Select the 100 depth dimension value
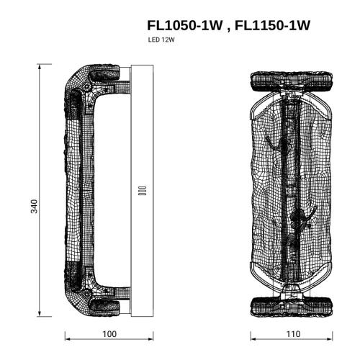tap(109, 334)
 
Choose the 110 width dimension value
tap(293, 334)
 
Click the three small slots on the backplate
tap(141, 191)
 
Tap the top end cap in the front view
tap(292, 82)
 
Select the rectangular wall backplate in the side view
tap(141, 144)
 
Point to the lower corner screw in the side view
tap(87, 294)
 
